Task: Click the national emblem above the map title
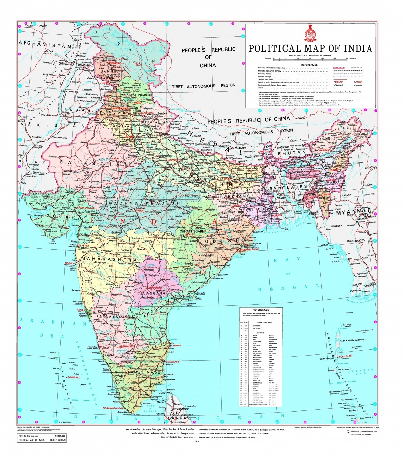(310, 33)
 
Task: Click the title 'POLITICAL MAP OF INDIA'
(310, 49)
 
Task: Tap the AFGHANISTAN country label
(45, 44)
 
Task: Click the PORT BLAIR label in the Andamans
(346, 357)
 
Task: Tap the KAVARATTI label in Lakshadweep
(74, 377)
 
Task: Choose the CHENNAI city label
(176, 345)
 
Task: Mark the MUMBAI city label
(70, 263)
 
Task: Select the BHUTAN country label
(292, 153)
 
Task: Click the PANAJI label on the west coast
(81, 309)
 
